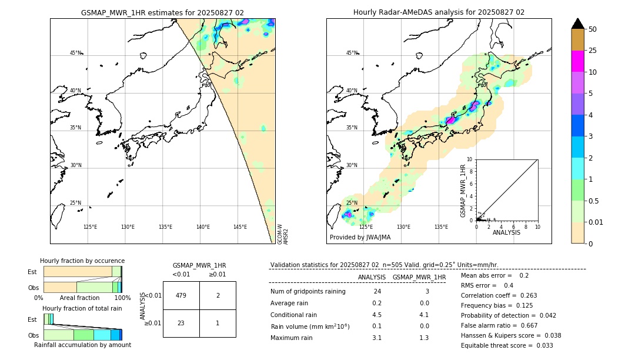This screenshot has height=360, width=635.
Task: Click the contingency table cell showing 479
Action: coord(181,295)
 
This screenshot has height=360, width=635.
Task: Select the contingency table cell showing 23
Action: coord(181,323)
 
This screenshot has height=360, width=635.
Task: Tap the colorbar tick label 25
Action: coord(593,51)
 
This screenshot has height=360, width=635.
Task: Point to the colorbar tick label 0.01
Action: coord(596,222)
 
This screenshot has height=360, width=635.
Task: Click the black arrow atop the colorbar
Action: coord(578,24)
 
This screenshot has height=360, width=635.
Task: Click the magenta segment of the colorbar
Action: coord(578,61)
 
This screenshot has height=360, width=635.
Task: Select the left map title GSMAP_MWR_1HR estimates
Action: coord(162,12)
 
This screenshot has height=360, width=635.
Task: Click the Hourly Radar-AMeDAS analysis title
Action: coord(439,12)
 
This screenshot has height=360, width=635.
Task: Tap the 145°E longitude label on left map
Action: coord(240,227)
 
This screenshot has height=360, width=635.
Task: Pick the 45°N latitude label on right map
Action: coord(351,53)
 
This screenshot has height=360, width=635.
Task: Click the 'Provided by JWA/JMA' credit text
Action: coord(360,238)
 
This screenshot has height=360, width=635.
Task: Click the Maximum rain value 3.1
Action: coord(377,338)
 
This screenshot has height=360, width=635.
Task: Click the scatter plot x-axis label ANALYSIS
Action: coord(506,232)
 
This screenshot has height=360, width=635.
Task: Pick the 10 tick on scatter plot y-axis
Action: coord(470,159)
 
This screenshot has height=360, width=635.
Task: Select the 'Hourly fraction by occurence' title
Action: coord(82,261)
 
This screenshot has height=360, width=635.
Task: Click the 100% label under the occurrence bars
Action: coord(122,298)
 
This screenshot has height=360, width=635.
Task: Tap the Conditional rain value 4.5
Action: coord(377,315)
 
